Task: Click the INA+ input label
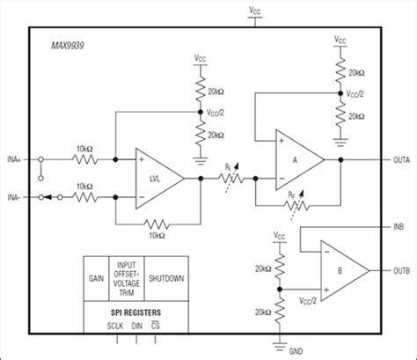[16, 160]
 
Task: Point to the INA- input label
[16, 196]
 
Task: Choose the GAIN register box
[97, 279]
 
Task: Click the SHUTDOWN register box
[165, 279]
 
